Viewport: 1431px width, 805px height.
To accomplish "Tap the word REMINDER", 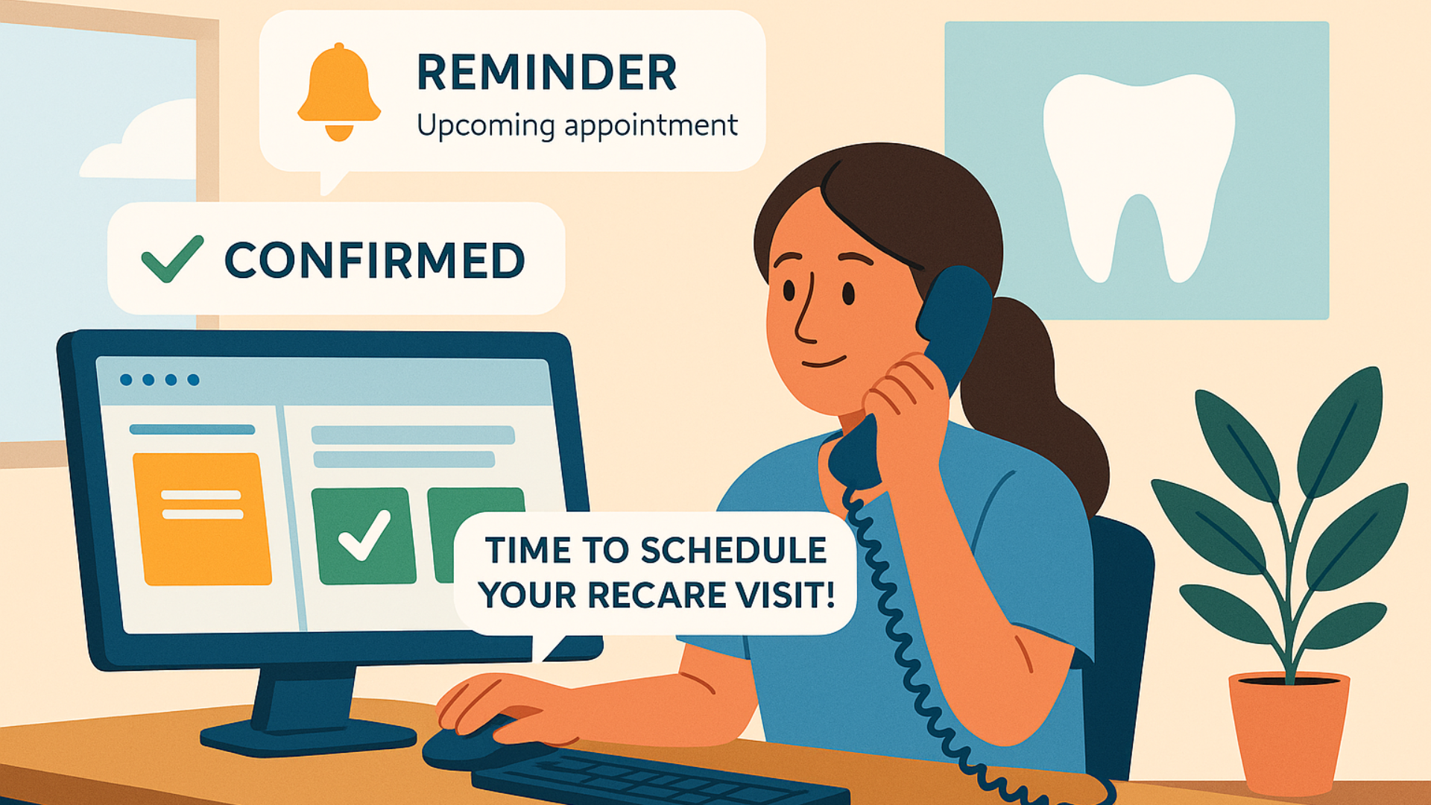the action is click(x=546, y=72).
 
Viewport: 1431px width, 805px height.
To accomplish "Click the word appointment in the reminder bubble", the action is click(x=651, y=125).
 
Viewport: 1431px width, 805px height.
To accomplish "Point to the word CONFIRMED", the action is click(x=375, y=260).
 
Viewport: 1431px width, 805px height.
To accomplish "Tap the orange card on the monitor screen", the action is click(x=201, y=519).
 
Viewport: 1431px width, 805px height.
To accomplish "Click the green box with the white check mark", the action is click(x=363, y=535).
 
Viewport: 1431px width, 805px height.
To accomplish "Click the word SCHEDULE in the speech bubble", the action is click(x=733, y=551).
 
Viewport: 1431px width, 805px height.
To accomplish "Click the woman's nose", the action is click(x=805, y=313).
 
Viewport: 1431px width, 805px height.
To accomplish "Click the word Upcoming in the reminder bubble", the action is click(x=485, y=125).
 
